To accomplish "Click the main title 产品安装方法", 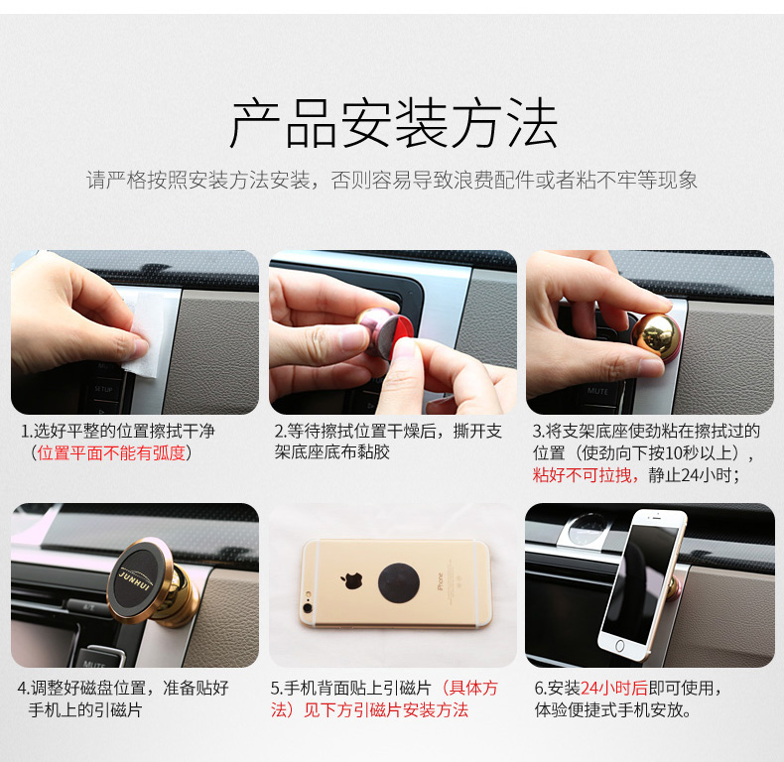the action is pyautogui.click(x=394, y=123).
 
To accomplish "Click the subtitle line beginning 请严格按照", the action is pyautogui.click(x=391, y=180).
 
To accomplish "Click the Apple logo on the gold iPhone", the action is pyautogui.click(x=351, y=581).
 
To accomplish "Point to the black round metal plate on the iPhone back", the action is pyautogui.click(x=399, y=583).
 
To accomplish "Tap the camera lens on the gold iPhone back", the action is pyautogui.click(x=308, y=607).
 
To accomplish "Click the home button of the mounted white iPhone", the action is pyautogui.click(x=619, y=646).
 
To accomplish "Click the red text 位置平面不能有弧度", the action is pyautogui.click(x=111, y=453).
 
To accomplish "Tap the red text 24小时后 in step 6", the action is pyautogui.click(x=614, y=688).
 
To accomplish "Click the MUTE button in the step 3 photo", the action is pyautogui.click(x=598, y=391).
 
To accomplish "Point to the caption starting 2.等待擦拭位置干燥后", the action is pyautogui.click(x=387, y=442).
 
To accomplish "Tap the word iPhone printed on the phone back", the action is pyautogui.click(x=440, y=582).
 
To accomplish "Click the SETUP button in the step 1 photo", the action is pyautogui.click(x=103, y=389).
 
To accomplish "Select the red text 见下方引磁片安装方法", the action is pyautogui.click(x=386, y=710).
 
